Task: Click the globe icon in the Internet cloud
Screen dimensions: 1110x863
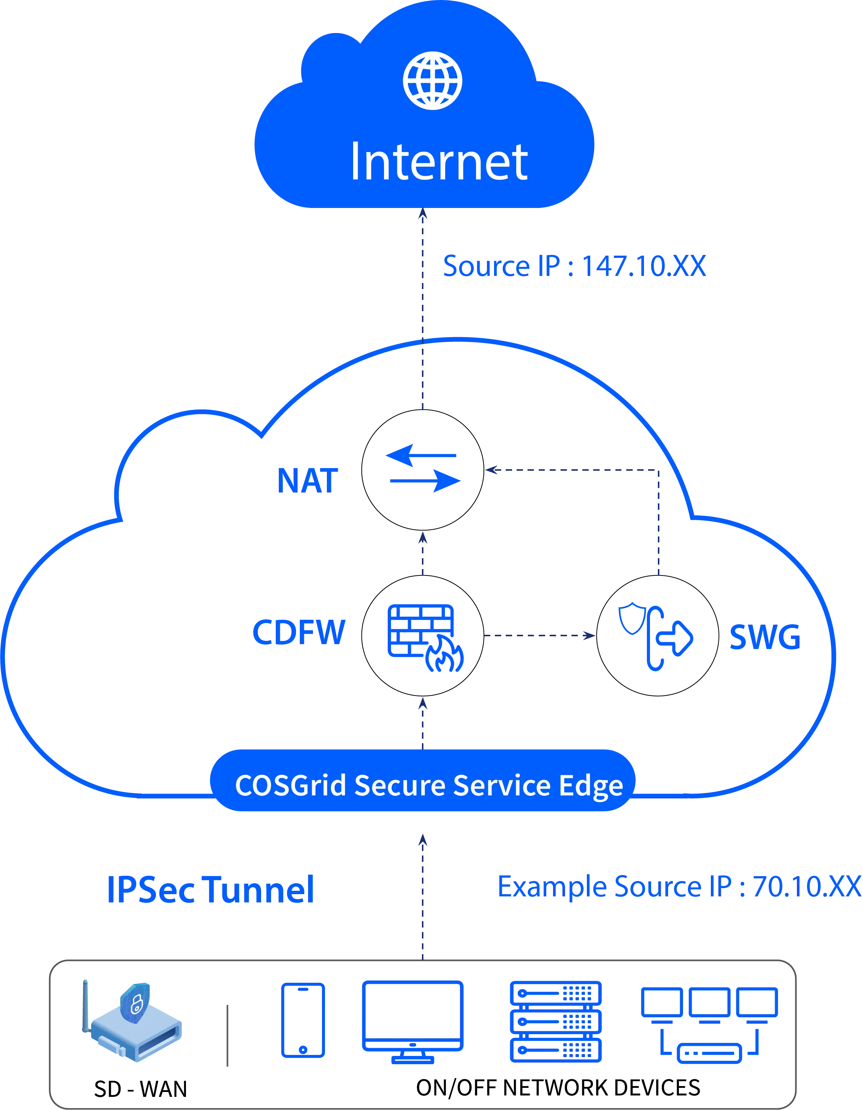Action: [432, 80]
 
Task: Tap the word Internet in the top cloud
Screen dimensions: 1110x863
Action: [439, 162]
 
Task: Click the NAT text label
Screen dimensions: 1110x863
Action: [307, 479]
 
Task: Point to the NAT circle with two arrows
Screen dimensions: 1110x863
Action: [422, 470]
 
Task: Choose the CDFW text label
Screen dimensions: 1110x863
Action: [299, 633]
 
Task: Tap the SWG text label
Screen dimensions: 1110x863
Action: [764, 637]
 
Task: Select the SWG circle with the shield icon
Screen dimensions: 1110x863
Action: [657, 635]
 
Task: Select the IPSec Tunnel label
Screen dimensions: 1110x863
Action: [212, 889]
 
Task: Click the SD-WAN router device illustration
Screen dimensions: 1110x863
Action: [132, 1021]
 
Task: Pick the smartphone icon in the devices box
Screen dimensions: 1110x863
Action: [303, 1021]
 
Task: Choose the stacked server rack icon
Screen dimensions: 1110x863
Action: [555, 1021]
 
